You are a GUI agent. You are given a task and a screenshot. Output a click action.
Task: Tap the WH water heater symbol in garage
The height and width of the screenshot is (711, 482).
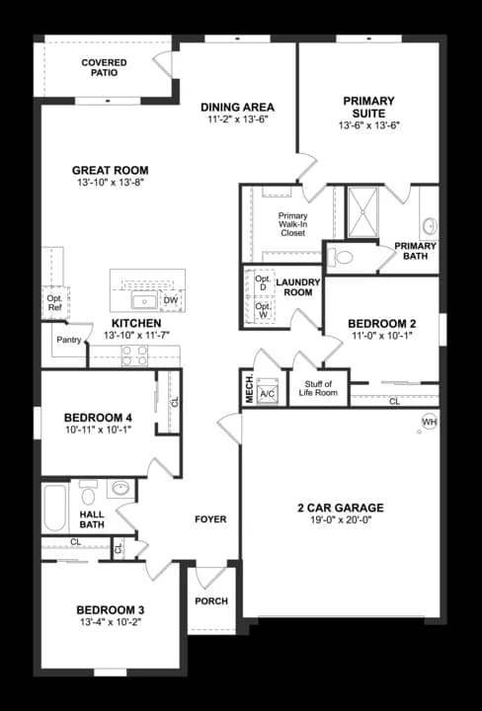[429, 422]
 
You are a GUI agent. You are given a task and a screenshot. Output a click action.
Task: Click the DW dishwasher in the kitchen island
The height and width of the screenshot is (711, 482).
[170, 300]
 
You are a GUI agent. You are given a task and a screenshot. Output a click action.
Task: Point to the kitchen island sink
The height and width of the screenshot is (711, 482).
[144, 300]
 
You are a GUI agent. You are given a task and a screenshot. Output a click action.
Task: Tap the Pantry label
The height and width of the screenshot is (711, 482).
[69, 341]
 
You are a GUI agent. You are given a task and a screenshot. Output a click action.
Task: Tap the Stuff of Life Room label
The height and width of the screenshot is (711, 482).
[318, 388]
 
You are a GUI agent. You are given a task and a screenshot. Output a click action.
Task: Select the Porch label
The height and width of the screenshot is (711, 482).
[211, 601]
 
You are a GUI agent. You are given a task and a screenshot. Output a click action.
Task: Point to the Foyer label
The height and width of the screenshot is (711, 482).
[210, 519]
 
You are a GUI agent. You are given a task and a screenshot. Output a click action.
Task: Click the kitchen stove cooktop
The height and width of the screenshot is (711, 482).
[134, 356]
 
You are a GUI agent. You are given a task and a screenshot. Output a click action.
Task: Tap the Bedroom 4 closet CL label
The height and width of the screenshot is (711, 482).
[174, 403]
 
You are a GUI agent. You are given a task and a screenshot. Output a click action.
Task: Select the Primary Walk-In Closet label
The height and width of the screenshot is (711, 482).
[292, 226]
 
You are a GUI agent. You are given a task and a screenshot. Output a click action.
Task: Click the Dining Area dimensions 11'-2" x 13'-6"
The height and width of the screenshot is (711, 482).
[236, 119]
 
